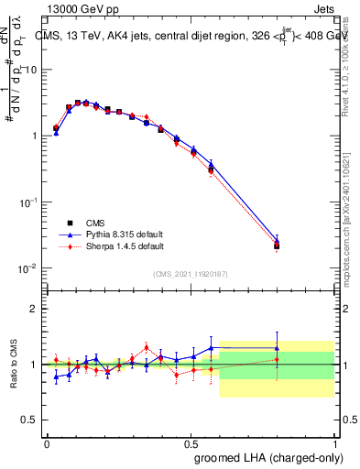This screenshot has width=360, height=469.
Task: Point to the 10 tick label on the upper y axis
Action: (30, 70)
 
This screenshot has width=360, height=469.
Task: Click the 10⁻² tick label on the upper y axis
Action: (27, 268)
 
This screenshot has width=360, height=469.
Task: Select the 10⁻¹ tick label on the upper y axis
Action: (27, 202)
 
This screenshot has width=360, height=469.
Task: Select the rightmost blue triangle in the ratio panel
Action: (277, 349)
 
